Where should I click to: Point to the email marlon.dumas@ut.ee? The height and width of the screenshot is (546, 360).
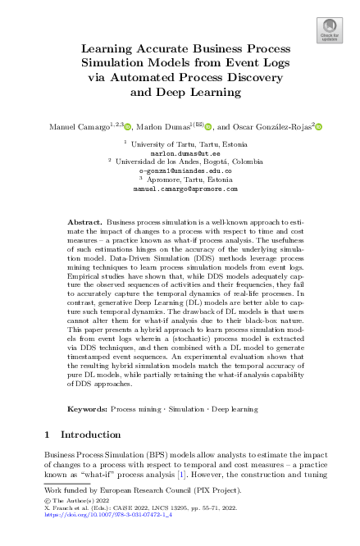pos(180,152)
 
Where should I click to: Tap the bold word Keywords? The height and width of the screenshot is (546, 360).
pos(88,407)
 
